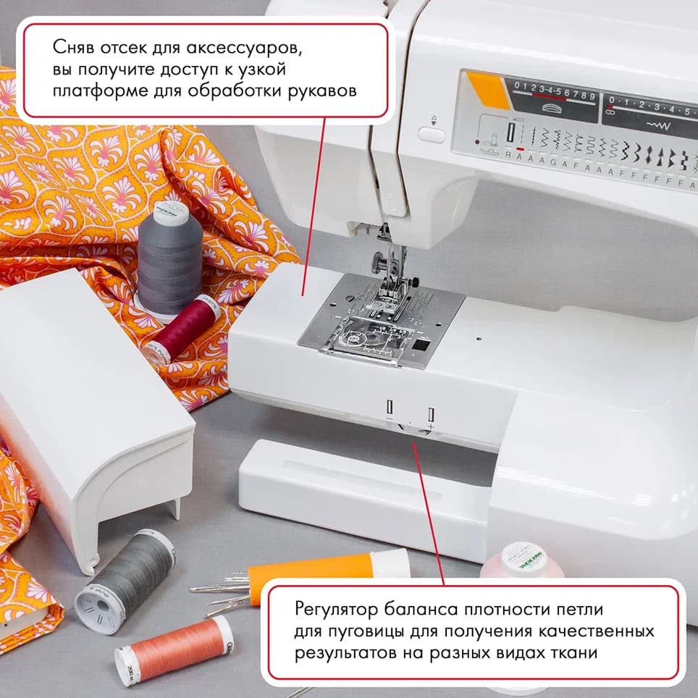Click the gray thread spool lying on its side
tap(126, 580)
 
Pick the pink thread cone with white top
tap(521, 561)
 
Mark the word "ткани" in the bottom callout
tap(573, 652)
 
